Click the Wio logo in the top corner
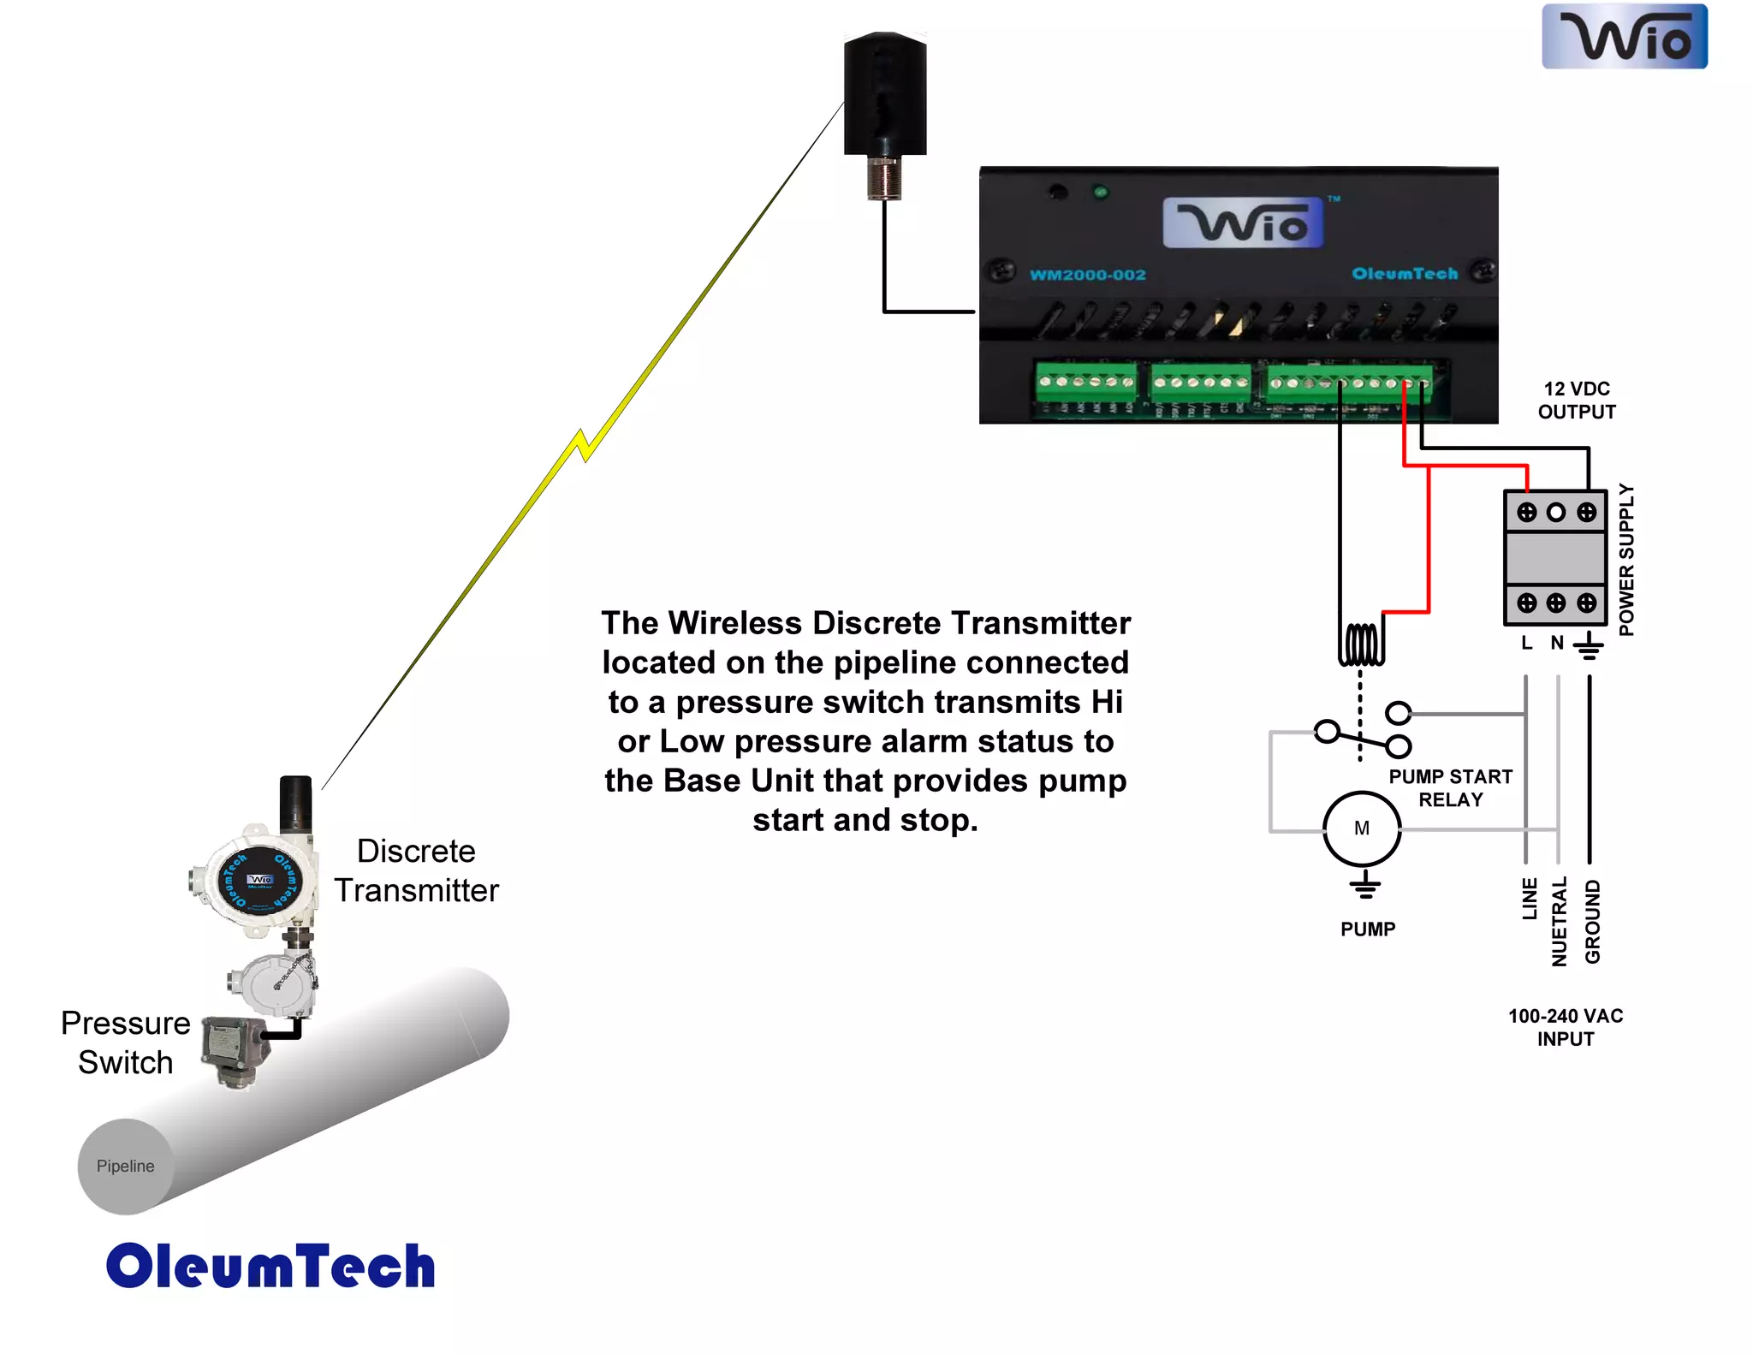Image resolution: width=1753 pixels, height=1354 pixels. click(1624, 37)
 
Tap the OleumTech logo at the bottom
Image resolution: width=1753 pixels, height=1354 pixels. click(270, 1266)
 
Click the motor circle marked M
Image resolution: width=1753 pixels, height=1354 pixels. click(1362, 828)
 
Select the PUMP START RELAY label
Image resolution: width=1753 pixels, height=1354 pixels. click(1450, 788)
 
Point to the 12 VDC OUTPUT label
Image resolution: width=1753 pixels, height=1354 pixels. click(1577, 401)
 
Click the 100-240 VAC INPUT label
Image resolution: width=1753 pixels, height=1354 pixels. click(1566, 1027)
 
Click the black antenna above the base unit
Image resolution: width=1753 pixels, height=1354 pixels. click(885, 94)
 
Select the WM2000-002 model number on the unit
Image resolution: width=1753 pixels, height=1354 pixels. click(1087, 275)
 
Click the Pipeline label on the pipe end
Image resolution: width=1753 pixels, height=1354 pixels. click(125, 1166)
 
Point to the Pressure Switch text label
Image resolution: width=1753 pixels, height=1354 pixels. click(126, 1042)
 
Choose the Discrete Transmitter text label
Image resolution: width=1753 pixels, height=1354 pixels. click(416, 870)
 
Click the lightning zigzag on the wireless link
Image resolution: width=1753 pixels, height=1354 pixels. click(584, 445)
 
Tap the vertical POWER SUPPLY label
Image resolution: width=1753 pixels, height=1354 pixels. click(1626, 560)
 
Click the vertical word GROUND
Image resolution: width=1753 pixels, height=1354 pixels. click(1592, 921)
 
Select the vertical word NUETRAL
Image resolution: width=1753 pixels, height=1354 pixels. click(1560, 921)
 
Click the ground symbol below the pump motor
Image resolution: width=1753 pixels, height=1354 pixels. click(1364, 885)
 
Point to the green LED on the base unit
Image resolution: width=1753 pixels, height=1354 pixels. click(1101, 193)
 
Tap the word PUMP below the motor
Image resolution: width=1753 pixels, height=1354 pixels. click(1368, 929)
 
